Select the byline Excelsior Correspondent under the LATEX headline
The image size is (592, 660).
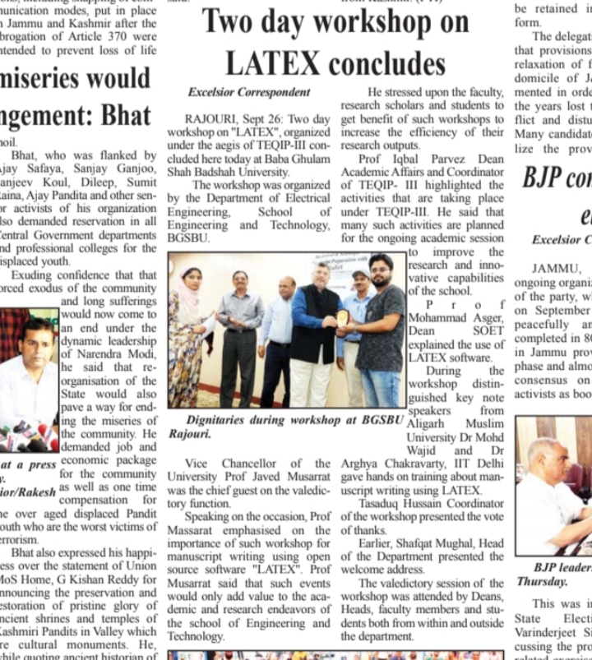(249, 92)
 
